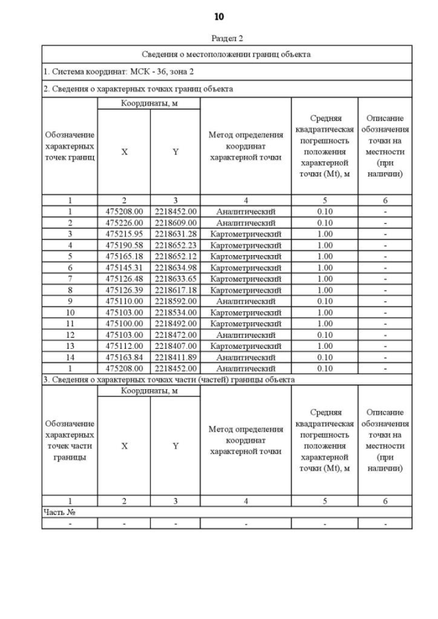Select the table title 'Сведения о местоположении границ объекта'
(x=227, y=54)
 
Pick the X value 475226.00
(x=124, y=223)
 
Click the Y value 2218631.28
(x=175, y=234)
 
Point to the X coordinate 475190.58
(x=124, y=245)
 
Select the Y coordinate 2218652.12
(x=175, y=256)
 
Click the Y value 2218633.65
(x=175, y=278)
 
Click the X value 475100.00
(x=124, y=324)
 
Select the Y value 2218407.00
(x=175, y=346)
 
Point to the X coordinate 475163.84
(x=124, y=357)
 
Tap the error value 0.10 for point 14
(x=324, y=357)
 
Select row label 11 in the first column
(x=69, y=324)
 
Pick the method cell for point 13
(x=246, y=346)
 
